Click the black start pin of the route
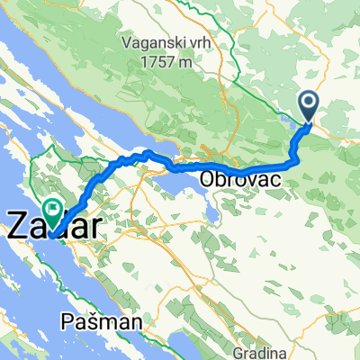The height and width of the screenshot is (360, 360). (x=308, y=106)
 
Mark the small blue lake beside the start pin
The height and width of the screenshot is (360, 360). (x=286, y=117)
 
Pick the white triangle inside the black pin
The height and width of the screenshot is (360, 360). (x=308, y=103)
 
